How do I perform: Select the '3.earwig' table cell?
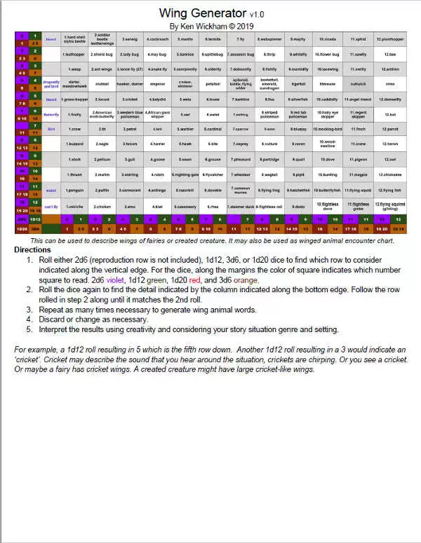click(x=130, y=39)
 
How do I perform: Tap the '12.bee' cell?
click(x=389, y=54)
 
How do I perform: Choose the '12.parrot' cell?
click(x=389, y=130)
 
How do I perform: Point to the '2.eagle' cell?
click(x=102, y=144)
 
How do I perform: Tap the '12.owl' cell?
click(x=389, y=159)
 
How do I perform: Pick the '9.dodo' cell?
click(x=298, y=206)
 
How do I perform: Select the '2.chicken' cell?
click(x=102, y=206)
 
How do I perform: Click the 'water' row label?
click(x=51, y=190)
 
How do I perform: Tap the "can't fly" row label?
click(x=51, y=206)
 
